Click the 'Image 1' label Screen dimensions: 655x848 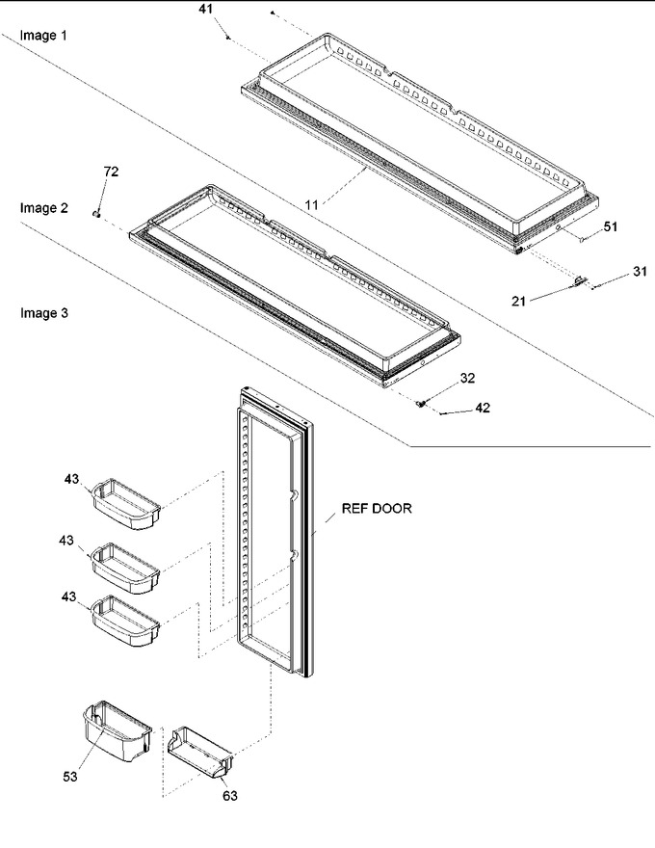(43, 36)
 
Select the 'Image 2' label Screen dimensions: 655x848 (43, 208)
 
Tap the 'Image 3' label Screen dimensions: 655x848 (43, 313)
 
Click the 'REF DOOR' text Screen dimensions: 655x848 (377, 509)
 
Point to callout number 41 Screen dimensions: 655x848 (205, 10)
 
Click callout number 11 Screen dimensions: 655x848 (311, 205)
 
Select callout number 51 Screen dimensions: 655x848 (610, 226)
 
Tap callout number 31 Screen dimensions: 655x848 (640, 271)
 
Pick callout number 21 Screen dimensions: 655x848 (518, 302)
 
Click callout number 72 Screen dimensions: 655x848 (111, 172)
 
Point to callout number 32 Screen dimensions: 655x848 (467, 378)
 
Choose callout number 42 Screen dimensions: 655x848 (483, 408)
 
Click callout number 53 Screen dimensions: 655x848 (70, 777)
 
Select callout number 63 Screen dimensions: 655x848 (229, 796)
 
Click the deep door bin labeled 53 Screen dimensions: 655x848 (118, 731)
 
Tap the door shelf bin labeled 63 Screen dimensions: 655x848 (200, 753)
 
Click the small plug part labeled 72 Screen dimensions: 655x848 (96, 214)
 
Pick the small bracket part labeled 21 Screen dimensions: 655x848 (578, 280)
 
